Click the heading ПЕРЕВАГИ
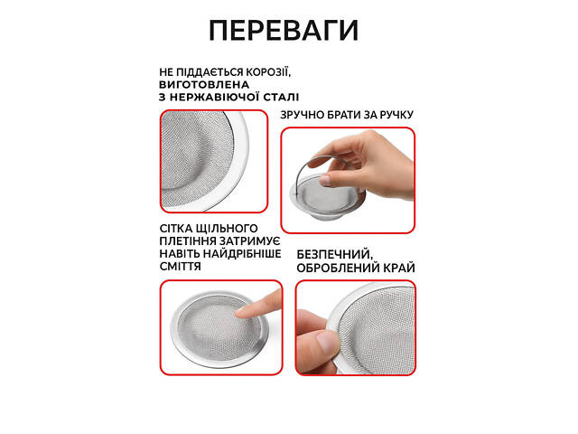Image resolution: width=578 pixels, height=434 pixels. [x=284, y=30]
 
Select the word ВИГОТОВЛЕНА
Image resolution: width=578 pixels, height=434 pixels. [x=204, y=84]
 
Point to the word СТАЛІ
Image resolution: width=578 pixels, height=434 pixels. [x=281, y=98]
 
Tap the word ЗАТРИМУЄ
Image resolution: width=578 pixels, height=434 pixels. [x=250, y=241]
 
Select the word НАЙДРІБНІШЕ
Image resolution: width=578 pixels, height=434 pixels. [x=242, y=254]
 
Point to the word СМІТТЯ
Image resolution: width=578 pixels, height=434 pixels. [x=181, y=267]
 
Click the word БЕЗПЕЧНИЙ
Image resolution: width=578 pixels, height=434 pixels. [x=335, y=255]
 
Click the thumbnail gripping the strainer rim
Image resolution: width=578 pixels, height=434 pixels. [x=327, y=341]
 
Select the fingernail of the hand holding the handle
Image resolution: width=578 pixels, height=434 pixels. [x=324, y=181]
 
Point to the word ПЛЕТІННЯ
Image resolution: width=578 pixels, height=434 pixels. [x=188, y=241]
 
